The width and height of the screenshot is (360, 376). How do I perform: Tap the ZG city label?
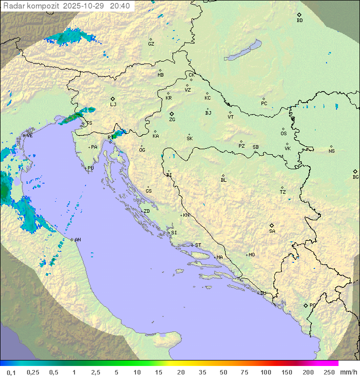coord(172,120)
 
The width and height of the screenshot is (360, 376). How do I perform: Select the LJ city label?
coord(113,104)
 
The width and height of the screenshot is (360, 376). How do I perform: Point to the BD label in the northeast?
coord(299,21)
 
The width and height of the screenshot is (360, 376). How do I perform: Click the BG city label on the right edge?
coord(355,177)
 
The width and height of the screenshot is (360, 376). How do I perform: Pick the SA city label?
coord(272,231)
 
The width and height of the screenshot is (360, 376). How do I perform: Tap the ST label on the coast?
coord(198,245)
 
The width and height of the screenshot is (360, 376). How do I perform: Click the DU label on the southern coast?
coord(262,293)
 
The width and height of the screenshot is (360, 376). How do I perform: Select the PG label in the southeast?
coord(312,305)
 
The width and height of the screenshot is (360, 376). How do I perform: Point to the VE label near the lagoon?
coord(29,136)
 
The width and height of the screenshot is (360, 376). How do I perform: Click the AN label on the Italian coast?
coord(77,240)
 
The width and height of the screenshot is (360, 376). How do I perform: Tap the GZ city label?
coord(151,44)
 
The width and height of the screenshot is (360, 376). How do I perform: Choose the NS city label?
coord(331,151)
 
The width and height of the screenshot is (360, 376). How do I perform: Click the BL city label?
coord(223,180)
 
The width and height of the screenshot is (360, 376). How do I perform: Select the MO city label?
coord(251,254)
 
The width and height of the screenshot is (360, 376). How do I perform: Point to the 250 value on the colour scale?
coord(329,372)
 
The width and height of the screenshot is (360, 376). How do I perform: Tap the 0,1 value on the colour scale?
coord(11,372)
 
